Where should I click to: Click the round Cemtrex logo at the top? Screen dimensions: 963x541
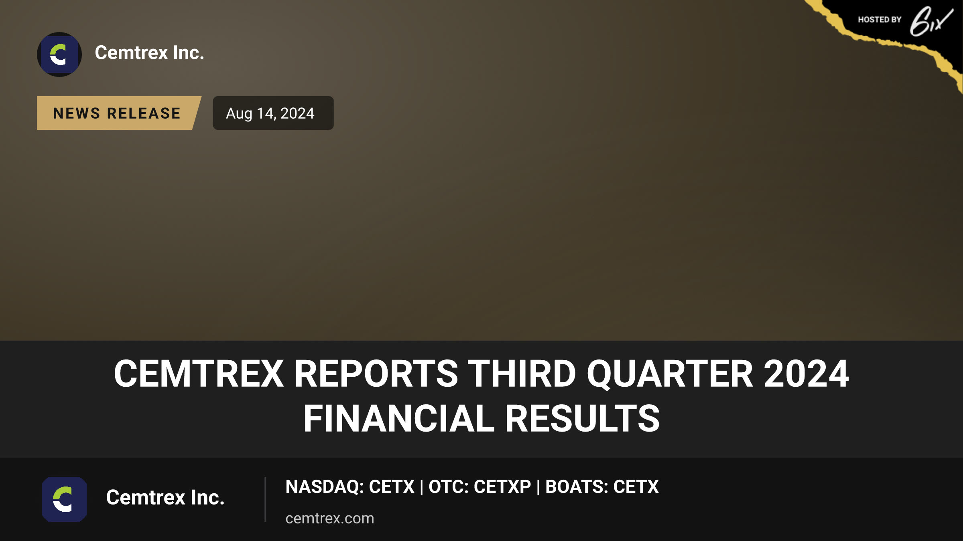click(59, 55)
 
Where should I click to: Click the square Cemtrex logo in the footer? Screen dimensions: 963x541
click(64, 499)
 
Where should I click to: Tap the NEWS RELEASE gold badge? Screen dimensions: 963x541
click(117, 113)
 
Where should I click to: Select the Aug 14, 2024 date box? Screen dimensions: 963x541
click(273, 113)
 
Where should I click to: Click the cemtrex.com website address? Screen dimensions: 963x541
click(330, 518)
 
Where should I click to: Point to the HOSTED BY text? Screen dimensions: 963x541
click(880, 20)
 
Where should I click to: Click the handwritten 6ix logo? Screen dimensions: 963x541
click(931, 21)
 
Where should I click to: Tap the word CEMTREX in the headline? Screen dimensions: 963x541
click(199, 373)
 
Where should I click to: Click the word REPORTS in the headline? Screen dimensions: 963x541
click(376, 373)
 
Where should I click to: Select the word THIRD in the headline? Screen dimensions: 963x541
click(522, 373)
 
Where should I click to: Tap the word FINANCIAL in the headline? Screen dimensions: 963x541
click(399, 418)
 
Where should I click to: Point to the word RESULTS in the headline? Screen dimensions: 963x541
click(582, 418)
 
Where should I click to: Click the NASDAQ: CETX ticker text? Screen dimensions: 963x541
click(350, 486)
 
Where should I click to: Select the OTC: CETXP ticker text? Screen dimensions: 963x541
click(479, 486)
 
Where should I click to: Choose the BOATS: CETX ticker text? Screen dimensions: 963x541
click(602, 486)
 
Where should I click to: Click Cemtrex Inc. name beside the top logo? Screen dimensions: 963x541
click(149, 53)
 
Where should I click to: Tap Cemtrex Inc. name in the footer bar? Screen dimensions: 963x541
click(165, 498)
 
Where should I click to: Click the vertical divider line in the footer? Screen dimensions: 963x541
click(265, 499)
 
